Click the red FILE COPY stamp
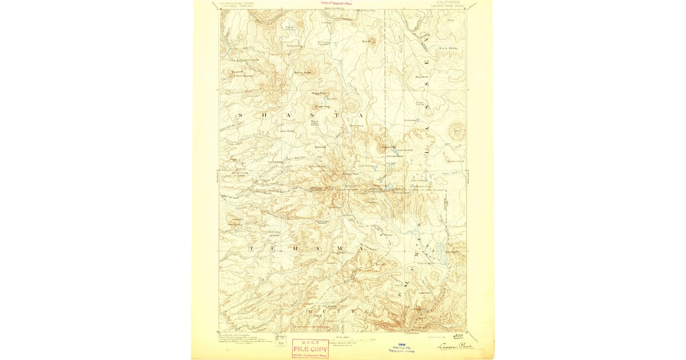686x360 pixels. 310,349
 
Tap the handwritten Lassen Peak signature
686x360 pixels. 456,346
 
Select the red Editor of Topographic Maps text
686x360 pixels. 337,4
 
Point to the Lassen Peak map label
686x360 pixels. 350,174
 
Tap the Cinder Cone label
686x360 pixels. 397,156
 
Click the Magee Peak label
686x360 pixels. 318,94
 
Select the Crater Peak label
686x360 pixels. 324,106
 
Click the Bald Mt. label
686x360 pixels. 368,41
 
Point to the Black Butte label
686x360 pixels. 422,77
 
